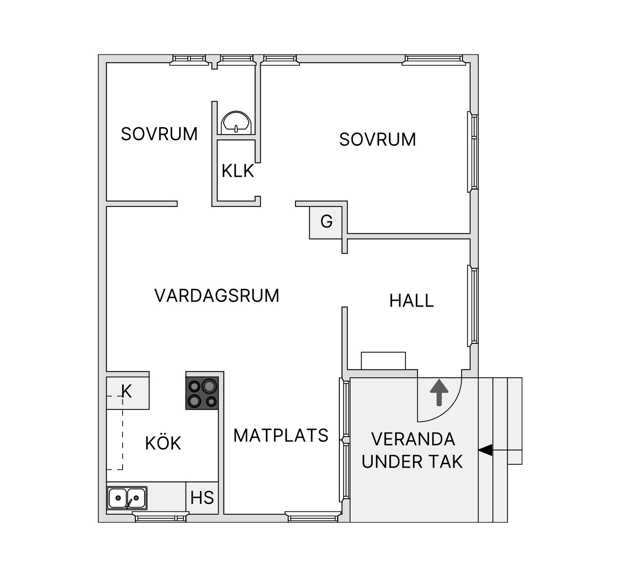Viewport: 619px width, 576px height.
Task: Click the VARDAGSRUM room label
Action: pyautogui.click(x=217, y=296)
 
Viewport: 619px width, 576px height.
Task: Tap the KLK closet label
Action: pyautogui.click(x=238, y=171)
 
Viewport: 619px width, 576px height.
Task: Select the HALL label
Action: pyautogui.click(x=411, y=301)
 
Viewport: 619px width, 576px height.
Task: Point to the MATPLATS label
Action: pyautogui.click(x=280, y=435)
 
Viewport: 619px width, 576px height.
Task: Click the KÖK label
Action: pyautogui.click(x=163, y=444)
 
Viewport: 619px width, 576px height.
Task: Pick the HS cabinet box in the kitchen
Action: pyautogui.click(x=202, y=498)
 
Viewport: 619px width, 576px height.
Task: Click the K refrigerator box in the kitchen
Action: pyautogui.click(x=127, y=392)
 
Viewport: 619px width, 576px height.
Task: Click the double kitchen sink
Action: pyautogui.click(x=127, y=498)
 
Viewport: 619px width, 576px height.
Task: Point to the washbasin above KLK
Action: pyautogui.click(x=236, y=123)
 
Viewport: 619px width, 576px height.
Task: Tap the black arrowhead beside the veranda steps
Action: pyautogui.click(x=485, y=450)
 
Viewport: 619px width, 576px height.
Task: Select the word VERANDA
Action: pyautogui.click(x=413, y=439)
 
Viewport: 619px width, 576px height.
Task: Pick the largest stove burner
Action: pyautogui.click(x=209, y=386)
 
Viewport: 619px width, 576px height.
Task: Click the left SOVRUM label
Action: pyautogui.click(x=159, y=134)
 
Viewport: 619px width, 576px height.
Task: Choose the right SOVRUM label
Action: pyautogui.click(x=378, y=140)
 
